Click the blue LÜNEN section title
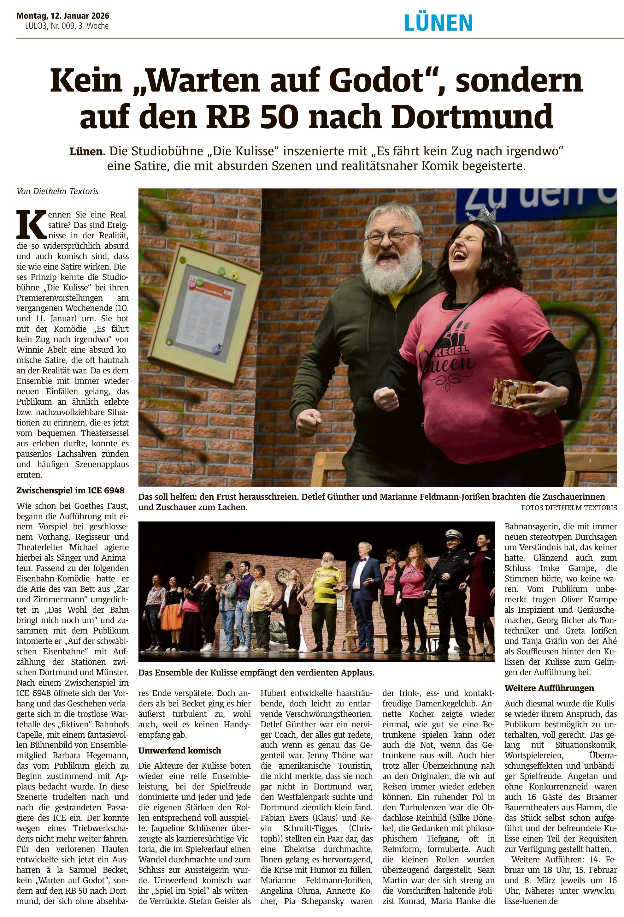click(438, 22)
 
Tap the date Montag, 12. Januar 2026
click(63, 16)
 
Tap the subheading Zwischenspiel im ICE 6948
click(70, 491)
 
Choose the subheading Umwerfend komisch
click(180, 751)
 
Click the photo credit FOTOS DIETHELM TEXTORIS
click(569, 508)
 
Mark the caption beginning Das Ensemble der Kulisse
click(256, 672)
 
